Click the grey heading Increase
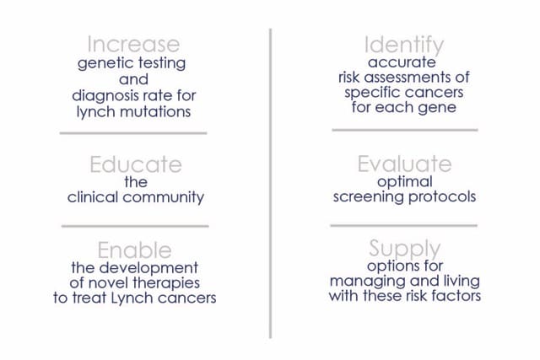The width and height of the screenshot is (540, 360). pos(133,44)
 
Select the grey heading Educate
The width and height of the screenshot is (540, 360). pos(136,164)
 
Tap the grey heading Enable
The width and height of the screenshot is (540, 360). pos(134,250)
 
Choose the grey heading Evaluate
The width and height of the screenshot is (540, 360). pos(404,164)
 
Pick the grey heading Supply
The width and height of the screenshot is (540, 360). pos(405,250)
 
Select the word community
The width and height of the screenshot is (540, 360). pos(163,197)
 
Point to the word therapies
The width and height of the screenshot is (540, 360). pos(166,283)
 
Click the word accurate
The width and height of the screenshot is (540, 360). pos(402,62)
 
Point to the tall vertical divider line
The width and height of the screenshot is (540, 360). pos(271,184)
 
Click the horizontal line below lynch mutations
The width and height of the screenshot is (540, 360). pos(133,133)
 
